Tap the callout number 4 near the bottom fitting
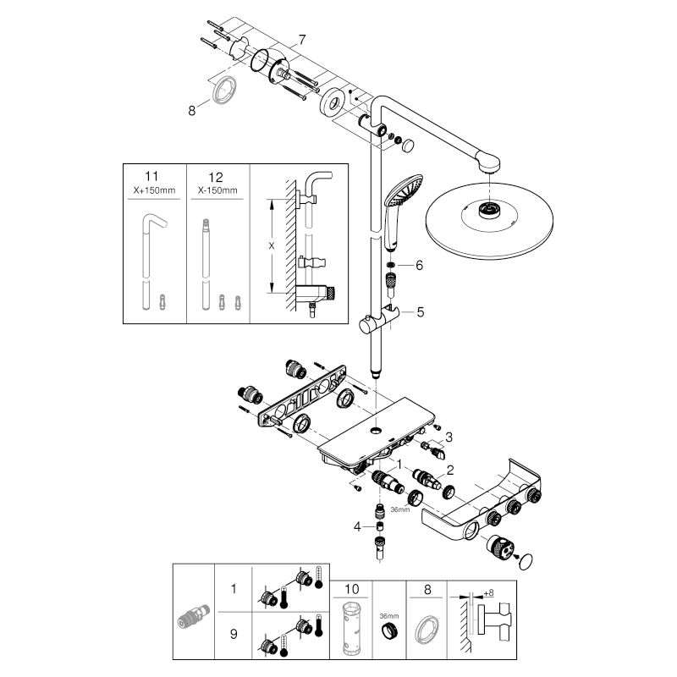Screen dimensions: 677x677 (x=358, y=526)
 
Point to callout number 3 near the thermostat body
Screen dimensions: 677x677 (x=450, y=437)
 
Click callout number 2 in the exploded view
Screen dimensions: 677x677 (x=450, y=469)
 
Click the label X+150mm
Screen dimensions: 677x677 (x=154, y=192)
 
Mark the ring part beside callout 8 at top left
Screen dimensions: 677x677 (x=225, y=89)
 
